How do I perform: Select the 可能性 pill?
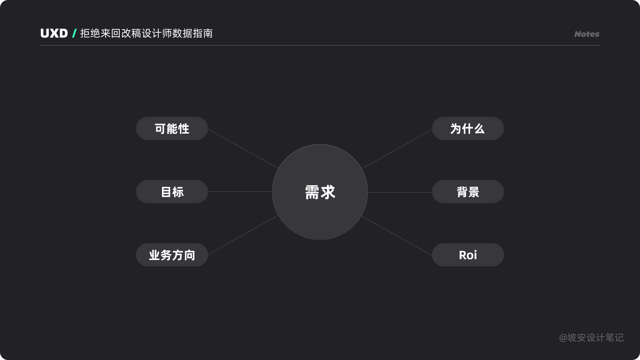tap(172, 128)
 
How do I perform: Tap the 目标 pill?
tap(172, 192)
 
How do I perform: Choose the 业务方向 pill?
tap(172, 255)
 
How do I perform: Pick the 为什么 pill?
tap(468, 128)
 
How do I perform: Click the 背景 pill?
tap(468, 192)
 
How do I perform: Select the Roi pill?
tap(468, 255)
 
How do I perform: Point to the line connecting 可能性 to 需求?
tap(243, 149)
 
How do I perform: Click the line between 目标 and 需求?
tap(240, 192)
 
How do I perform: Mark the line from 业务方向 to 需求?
tap(243, 235)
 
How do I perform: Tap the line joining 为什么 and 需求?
tap(397, 149)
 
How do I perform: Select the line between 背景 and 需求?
tap(400, 192)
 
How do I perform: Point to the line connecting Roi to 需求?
tap(397, 236)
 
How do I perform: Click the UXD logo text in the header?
tap(54, 34)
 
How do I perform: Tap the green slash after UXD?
tap(74, 34)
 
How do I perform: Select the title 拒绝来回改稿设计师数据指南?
tap(146, 34)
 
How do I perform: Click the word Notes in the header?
tap(587, 34)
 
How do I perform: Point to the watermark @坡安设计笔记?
tap(591, 338)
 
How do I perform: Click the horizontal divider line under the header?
tap(320, 46)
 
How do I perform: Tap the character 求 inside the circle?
tap(328, 192)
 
